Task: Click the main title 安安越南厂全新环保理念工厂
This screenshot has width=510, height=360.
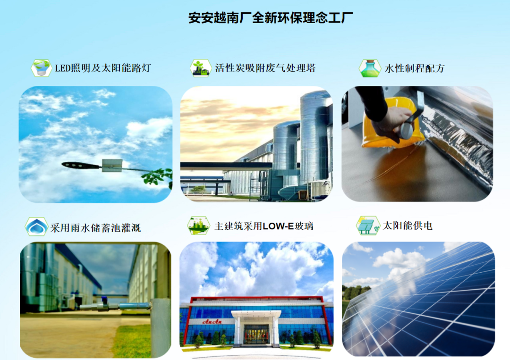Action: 271,18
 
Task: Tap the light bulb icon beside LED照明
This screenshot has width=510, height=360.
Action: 41,68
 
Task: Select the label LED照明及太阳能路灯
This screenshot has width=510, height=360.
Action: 103,68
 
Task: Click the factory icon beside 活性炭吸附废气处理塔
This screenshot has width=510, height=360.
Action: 201,68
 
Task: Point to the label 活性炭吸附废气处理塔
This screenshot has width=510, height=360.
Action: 265,68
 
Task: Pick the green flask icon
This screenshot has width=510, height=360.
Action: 369,68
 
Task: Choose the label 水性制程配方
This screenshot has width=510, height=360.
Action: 415,68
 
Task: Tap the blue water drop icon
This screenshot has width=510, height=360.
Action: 36,226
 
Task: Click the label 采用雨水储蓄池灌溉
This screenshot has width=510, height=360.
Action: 95,228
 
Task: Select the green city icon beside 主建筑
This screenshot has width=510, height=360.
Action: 198,226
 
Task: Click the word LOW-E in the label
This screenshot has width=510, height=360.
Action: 278,226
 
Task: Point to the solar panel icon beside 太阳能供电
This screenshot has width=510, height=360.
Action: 367,225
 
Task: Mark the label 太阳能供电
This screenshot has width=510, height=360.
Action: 408,226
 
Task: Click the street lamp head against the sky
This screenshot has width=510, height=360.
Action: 80,166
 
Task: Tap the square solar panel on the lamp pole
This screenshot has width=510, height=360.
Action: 112,166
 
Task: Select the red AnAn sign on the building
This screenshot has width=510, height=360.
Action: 212,322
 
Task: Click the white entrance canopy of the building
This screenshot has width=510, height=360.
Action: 256,315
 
